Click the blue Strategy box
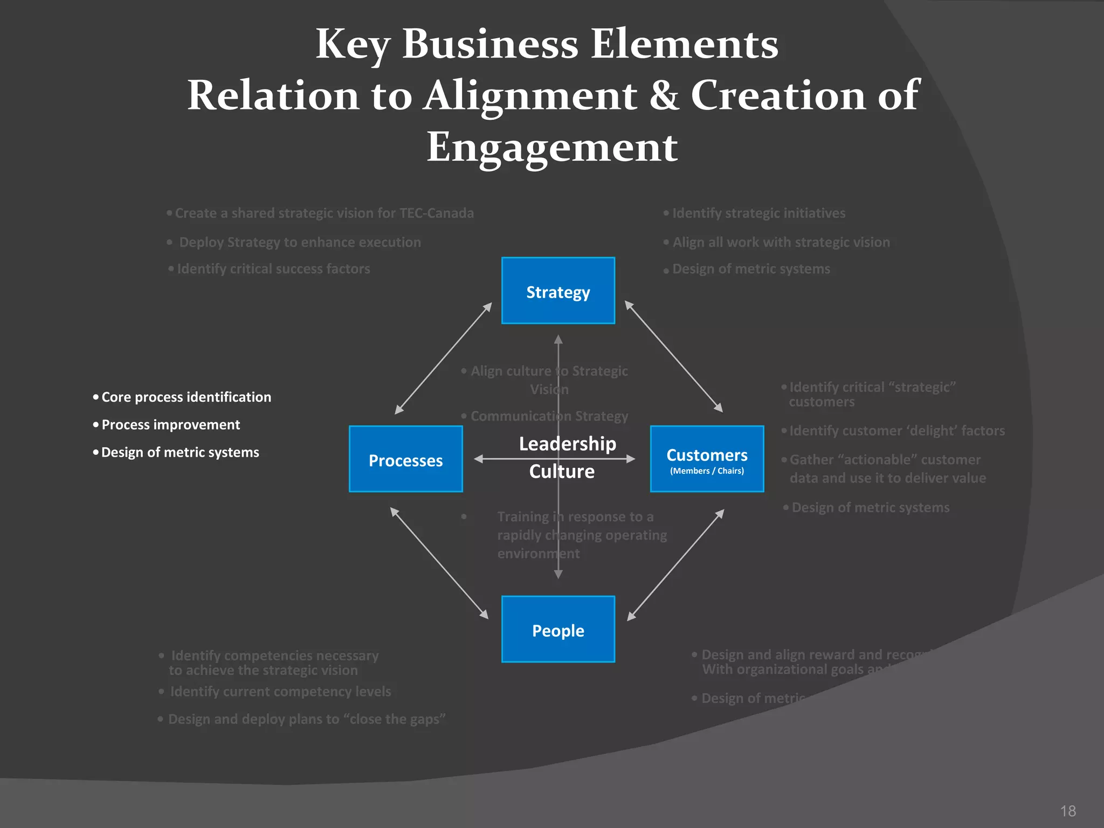click(x=558, y=291)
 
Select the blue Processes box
click(x=405, y=459)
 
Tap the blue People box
click(x=558, y=629)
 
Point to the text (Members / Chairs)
click(x=707, y=471)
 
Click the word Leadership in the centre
click(x=567, y=444)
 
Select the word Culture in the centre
click(x=562, y=472)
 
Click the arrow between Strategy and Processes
click(x=443, y=358)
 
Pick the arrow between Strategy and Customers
click(x=673, y=356)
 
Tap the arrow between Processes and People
click(x=439, y=563)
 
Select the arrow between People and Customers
click(x=675, y=564)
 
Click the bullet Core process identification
click(x=186, y=397)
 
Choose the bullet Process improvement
click(x=170, y=425)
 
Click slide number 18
click(x=1067, y=811)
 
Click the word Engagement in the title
click(x=552, y=147)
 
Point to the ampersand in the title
click(x=664, y=95)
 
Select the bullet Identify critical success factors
click(x=273, y=269)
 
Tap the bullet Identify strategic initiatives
click(x=758, y=213)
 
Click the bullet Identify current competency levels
click(x=280, y=692)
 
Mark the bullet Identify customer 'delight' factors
click(x=896, y=431)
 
